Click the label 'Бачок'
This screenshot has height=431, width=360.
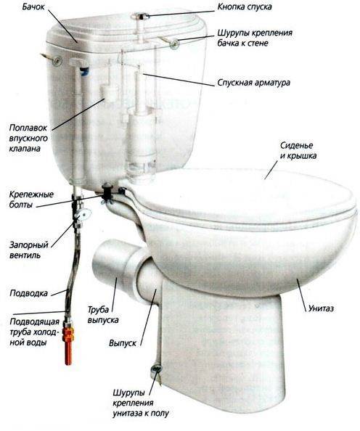pos(33,7)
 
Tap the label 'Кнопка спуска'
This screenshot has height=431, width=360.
pos(245,7)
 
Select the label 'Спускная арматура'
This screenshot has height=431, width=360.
pos(253,83)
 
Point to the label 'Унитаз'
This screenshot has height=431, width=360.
pos(321,308)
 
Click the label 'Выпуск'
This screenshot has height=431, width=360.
pos(123,343)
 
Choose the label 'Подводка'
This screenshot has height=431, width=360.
pos(28,293)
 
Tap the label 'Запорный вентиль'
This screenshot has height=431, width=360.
pos(29,250)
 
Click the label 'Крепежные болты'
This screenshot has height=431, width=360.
pos(31,200)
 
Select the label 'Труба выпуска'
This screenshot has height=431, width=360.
pos(103,315)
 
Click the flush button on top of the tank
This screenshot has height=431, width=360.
pos(140,16)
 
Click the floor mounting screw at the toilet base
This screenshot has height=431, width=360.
pos(156,369)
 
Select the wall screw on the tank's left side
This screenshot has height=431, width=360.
pos(57,61)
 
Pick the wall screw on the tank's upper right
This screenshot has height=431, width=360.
pos(174,44)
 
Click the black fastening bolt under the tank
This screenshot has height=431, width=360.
pos(106,192)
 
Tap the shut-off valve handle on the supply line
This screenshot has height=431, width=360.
pos(82,213)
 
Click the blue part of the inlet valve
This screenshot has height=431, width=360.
pos(84,72)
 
